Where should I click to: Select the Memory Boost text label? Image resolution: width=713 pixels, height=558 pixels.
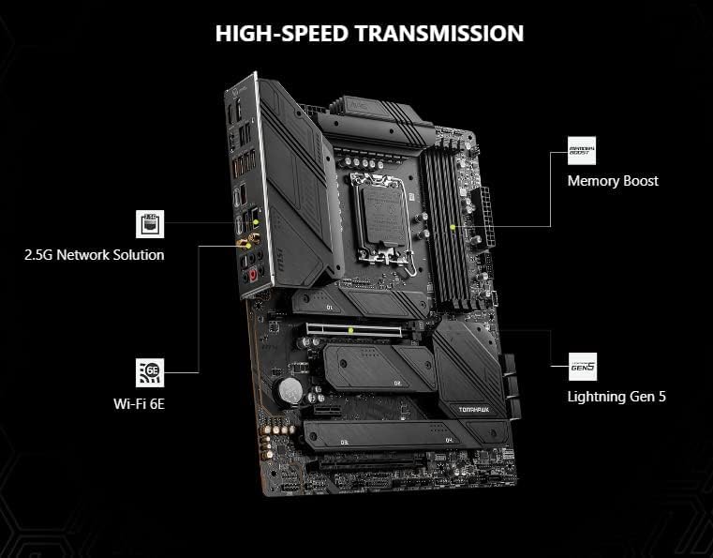[613, 180]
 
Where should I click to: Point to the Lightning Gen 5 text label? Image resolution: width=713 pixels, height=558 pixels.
[616, 396]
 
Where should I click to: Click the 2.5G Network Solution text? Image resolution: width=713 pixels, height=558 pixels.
[95, 254]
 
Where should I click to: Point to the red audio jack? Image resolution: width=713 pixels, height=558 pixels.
[252, 277]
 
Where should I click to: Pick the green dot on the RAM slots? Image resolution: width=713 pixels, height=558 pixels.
[453, 226]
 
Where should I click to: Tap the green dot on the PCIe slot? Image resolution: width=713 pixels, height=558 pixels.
[350, 330]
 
